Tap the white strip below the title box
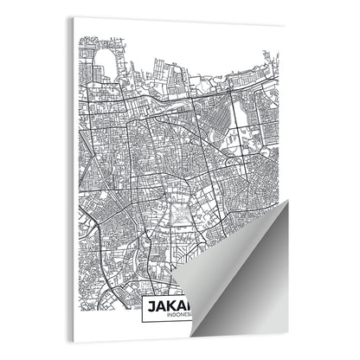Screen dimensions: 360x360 tap(164, 332)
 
